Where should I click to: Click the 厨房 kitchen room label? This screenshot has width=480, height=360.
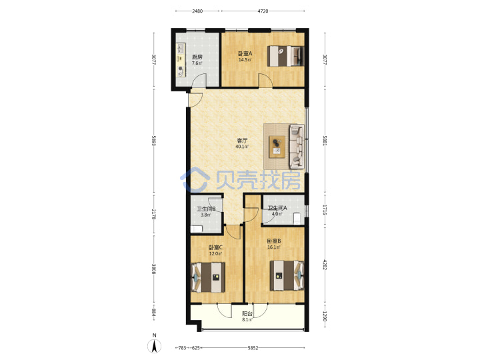pyautogui.click(x=197, y=57)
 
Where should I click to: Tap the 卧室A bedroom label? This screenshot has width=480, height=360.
pyautogui.click(x=245, y=53)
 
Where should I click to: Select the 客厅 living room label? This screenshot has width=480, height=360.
pyautogui.click(x=242, y=141)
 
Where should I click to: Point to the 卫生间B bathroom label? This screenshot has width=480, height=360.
pyautogui.click(x=206, y=209)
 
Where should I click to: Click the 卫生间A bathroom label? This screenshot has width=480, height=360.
pyautogui.click(x=277, y=208)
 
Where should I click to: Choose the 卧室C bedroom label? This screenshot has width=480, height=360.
pyautogui.click(x=215, y=247)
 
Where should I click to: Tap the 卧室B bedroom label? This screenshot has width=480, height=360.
pyautogui.click(x=274, y=241)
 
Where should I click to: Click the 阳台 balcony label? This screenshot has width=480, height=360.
pyautogui.click(x=247, y=314)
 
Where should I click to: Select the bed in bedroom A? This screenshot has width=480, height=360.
pyautogui.click(x=285, y=56)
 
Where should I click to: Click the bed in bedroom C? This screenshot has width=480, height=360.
pyautogui.click(x=208, y=277)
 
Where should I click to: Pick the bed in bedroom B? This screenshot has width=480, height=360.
pyautogui.click(x=287, y=275)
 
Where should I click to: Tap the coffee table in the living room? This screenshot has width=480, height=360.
pyautogui.click(x=277, y=147)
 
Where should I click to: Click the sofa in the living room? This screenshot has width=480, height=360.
pyautogui.click(x=297, y=147)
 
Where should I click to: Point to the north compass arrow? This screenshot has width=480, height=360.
pyautogui.click(x=155, y=346)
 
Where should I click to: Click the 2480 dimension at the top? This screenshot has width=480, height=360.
pyautogui.click(x=197, y=11)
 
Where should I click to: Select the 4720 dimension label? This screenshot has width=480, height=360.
pyautogui.click(x=263, y=11)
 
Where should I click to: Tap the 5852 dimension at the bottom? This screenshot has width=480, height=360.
pyautogui.click(x=253, y=348)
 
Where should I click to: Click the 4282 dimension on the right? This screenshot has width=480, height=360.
pyautogui.click(x=325, y=265)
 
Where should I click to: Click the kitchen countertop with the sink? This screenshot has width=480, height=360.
pyautogui.click(x=181, y=60)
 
